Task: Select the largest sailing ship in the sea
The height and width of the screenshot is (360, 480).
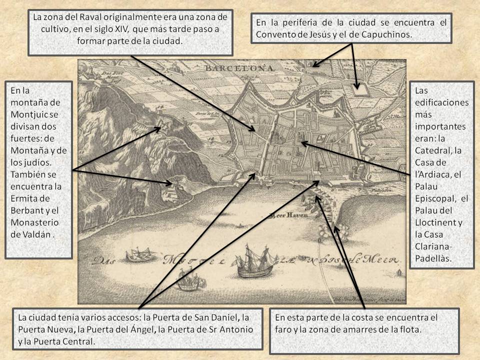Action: click(x=254, y=261)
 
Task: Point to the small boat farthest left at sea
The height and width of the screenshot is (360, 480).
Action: click(x=138, y=255)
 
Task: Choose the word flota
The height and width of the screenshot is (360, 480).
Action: click(x=410, y=330)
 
